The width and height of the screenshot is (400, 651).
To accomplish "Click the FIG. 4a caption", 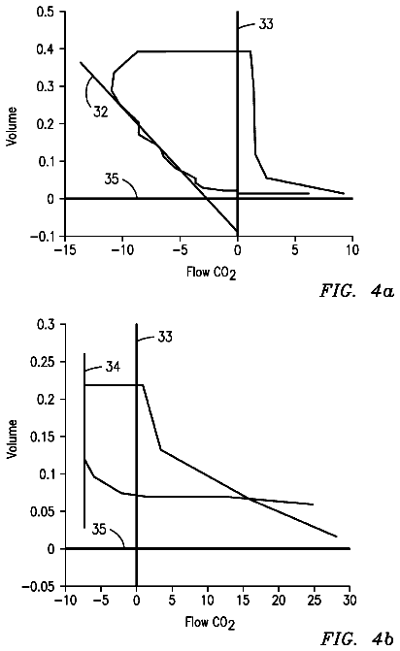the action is coord(356,291).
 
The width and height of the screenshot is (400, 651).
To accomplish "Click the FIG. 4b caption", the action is coord(356,638).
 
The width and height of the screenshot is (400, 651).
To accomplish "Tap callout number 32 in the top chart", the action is coord(101,112).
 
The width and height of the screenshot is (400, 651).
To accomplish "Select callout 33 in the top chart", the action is coord(266,24).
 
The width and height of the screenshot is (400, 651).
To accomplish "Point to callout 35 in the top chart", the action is coord(112,179).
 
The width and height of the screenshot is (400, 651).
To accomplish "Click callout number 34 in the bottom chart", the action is coord(113,367).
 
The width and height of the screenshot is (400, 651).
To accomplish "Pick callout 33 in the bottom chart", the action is coord(165,337).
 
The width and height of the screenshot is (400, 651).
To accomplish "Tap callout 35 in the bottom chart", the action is coord(99,530).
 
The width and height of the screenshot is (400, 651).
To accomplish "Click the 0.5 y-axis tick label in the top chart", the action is coord(45,12).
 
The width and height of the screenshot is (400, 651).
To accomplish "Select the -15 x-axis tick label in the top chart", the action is coord(64,250).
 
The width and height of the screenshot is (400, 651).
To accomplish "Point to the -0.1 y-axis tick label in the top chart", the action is coord(42,236).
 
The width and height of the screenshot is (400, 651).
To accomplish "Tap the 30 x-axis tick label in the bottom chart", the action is coord(350,601).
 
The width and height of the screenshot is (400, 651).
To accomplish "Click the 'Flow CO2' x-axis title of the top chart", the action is coord(212,274).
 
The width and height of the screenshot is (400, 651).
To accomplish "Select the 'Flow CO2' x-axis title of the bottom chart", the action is coord(210,623).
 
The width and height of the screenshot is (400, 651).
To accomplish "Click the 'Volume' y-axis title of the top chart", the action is coord(12,126).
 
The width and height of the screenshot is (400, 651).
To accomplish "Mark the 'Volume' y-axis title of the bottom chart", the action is coord(13,439).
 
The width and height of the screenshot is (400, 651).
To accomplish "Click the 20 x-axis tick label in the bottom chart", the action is coord(279,601).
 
